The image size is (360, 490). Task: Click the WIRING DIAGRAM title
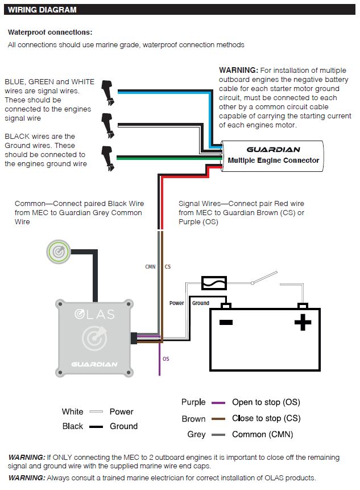[x=42, y=10]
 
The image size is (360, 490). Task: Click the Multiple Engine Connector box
[x=273, y=155]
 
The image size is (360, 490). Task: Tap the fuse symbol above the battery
[x=214, y=282]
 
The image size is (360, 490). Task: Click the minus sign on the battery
[x=226, y=323]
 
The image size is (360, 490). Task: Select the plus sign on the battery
[x=303, y=323]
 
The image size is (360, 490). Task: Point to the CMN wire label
[x=150, y=266]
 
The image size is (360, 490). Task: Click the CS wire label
[x=168, y=266]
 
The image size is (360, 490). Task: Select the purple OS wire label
[x=165, y=359]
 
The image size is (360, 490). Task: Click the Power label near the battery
[x=177, y=303]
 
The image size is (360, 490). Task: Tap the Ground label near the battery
[x=201, y=303]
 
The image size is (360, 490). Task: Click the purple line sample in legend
[x=218, y=403]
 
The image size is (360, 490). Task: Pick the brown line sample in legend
[x=218, y=419]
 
